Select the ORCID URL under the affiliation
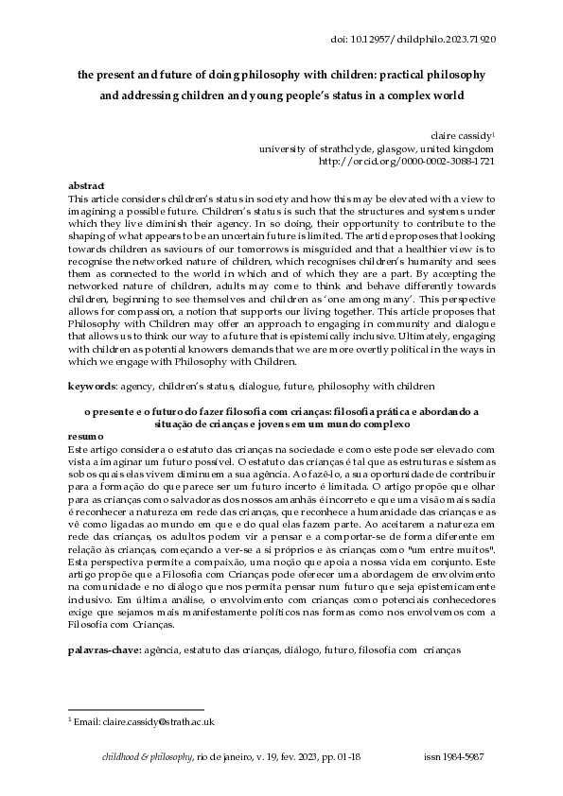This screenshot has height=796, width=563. pyautogui.click(x=419, y=162)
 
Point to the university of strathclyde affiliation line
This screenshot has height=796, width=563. pyautogui.click(x=376, y=148)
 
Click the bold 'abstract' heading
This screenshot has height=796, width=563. pyautogui.click(x=87, y=185)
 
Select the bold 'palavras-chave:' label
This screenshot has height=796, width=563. pyautogui.click(x=104, y=651)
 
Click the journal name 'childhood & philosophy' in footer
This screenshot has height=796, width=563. pyautogui.click(x=146, y=757)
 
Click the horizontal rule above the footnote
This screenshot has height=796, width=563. pyautogui.click(x=136, y=709)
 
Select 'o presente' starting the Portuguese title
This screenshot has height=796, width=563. pyautogui.click(x=108, y=411)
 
